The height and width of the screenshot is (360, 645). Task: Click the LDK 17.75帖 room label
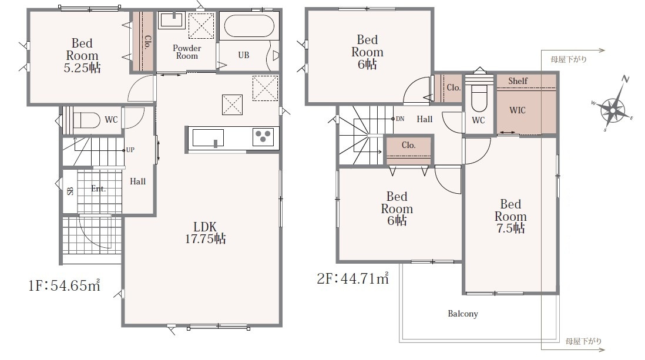[205, 233]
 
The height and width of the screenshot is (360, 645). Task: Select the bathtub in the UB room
[249, 25]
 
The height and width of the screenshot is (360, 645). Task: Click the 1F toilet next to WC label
[86, 120]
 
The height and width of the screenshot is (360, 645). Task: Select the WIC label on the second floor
[518, 110]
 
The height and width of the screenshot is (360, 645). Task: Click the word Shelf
[518, 81]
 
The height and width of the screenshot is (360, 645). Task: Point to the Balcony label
[463, 314]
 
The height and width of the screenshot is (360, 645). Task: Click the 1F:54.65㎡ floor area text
[64, 285]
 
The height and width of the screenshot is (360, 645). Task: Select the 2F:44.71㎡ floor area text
[352, 278]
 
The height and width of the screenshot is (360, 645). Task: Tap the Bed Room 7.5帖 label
[510, 216]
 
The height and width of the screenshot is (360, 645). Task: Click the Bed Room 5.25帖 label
[82, 55]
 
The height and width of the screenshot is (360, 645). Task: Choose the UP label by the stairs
[130, 150]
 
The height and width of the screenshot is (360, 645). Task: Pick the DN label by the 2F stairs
[400, 119]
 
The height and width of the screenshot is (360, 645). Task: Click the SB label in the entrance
[70, 191]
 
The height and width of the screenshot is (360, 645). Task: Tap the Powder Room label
[187, 52]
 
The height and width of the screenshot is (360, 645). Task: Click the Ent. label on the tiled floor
[98, 189]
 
